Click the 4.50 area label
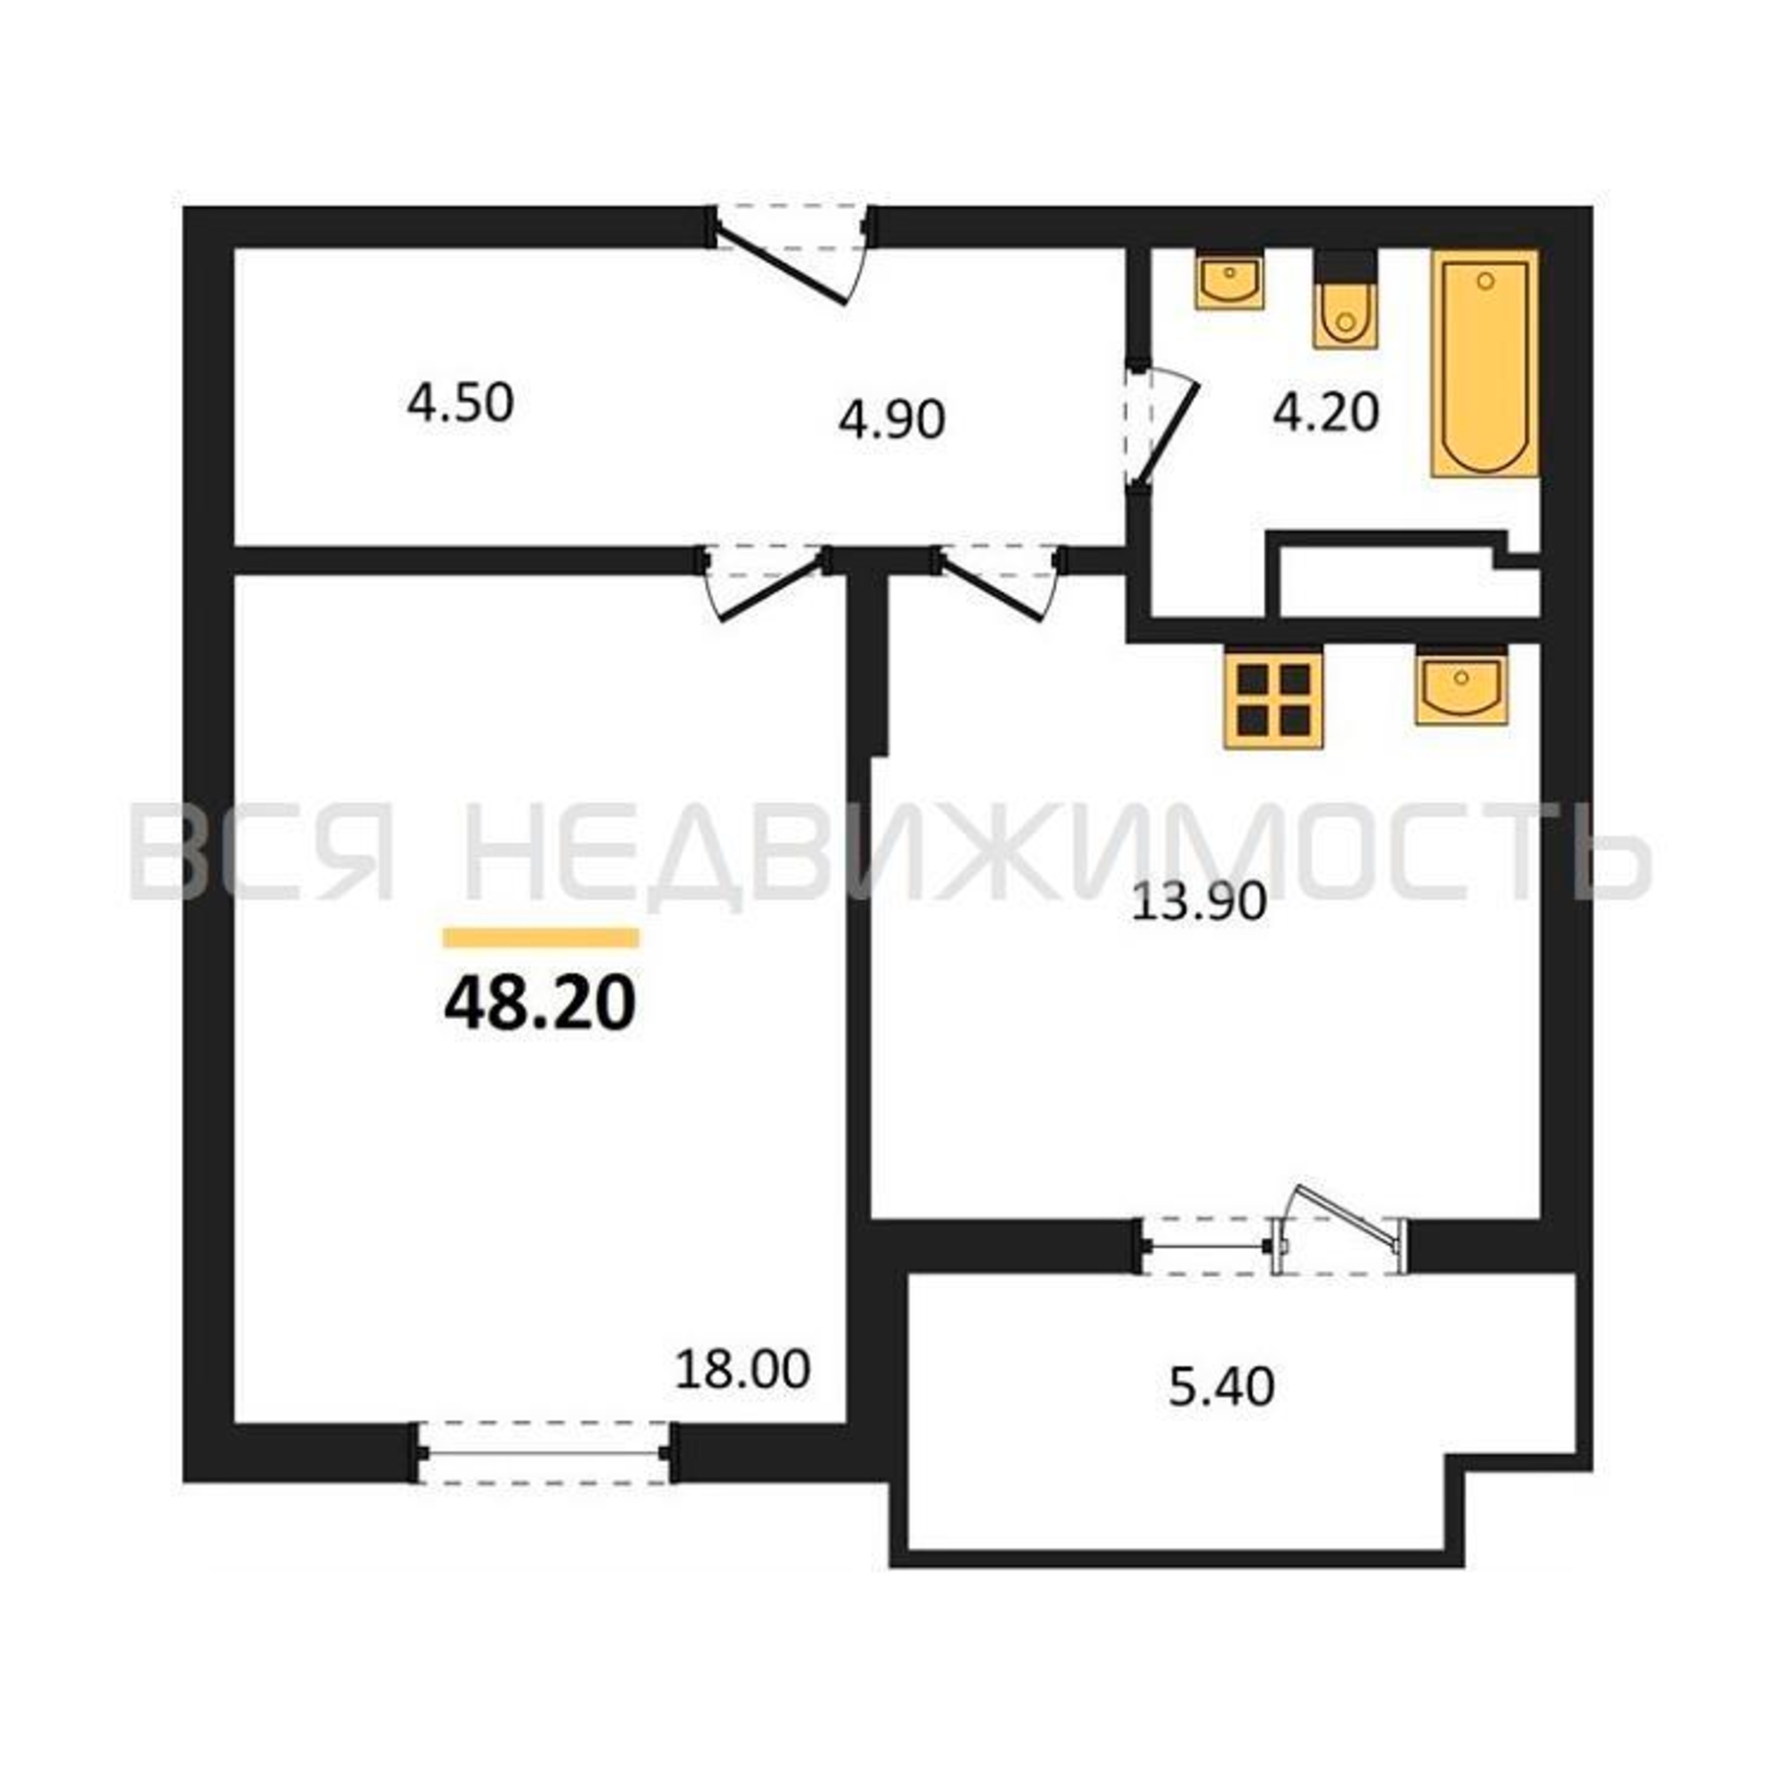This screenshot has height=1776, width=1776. coord(460,404)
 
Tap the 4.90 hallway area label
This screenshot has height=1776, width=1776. coord(892,420)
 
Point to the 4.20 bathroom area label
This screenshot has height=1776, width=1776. coord(1326,413)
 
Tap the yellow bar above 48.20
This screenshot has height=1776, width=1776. coord(541,938)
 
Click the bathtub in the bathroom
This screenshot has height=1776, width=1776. coord(1485,363)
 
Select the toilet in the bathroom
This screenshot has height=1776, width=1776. coord(1346,299)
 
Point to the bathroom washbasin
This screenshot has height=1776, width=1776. coord(1229,280)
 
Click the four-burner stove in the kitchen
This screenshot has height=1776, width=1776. coord(1273,699)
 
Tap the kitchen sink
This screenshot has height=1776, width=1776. coord(1462,685)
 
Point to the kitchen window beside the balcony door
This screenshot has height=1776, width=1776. coord(1207,1247)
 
